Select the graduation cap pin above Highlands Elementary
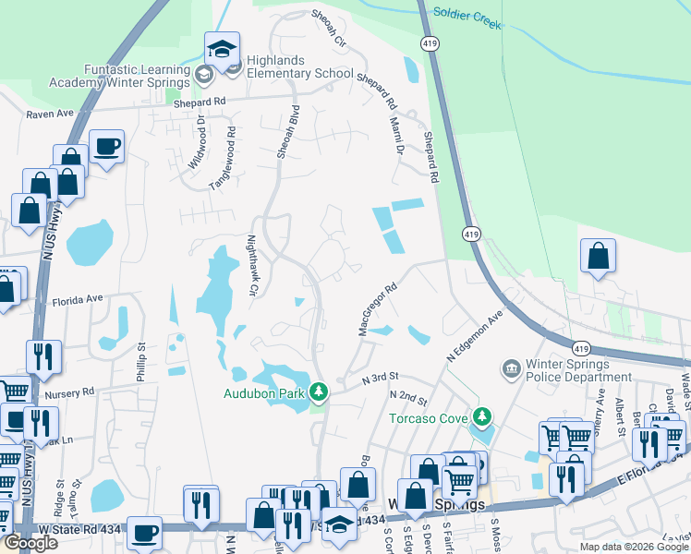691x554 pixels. [222, 49]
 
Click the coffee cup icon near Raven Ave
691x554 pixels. [106, 146]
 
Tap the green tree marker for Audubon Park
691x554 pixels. [319, 392]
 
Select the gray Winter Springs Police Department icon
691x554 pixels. [510, 370]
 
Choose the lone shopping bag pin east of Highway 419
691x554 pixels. [598, 256]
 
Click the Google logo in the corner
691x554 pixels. [30, 543]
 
